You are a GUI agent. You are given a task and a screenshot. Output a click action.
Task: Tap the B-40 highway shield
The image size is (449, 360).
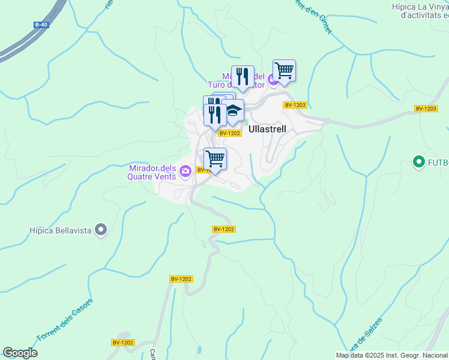41,25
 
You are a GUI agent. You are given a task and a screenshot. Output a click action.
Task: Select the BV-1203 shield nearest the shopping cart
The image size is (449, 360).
295,105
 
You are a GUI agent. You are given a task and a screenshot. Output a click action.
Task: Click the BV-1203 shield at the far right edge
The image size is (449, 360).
426,109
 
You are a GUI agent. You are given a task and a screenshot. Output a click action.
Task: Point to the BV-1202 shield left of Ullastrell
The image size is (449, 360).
229,133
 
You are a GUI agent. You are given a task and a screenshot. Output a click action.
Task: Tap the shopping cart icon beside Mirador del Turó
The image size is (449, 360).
284,70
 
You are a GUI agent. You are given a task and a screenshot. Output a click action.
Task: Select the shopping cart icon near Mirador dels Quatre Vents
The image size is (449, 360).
215,158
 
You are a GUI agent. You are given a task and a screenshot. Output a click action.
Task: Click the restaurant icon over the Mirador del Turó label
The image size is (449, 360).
242,76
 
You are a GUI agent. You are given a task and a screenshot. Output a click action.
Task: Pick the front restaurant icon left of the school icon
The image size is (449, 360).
214,114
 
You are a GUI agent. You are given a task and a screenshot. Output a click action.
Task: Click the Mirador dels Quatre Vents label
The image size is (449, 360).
152,172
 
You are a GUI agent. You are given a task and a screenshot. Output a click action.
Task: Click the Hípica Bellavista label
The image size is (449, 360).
62,230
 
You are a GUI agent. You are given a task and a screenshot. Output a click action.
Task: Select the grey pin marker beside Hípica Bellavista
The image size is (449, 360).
101,229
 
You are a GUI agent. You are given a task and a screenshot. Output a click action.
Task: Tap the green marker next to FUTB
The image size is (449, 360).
418,161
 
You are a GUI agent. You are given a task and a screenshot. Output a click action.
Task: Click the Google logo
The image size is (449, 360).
20,353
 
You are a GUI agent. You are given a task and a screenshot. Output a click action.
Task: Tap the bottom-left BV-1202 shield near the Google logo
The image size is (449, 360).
123,343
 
